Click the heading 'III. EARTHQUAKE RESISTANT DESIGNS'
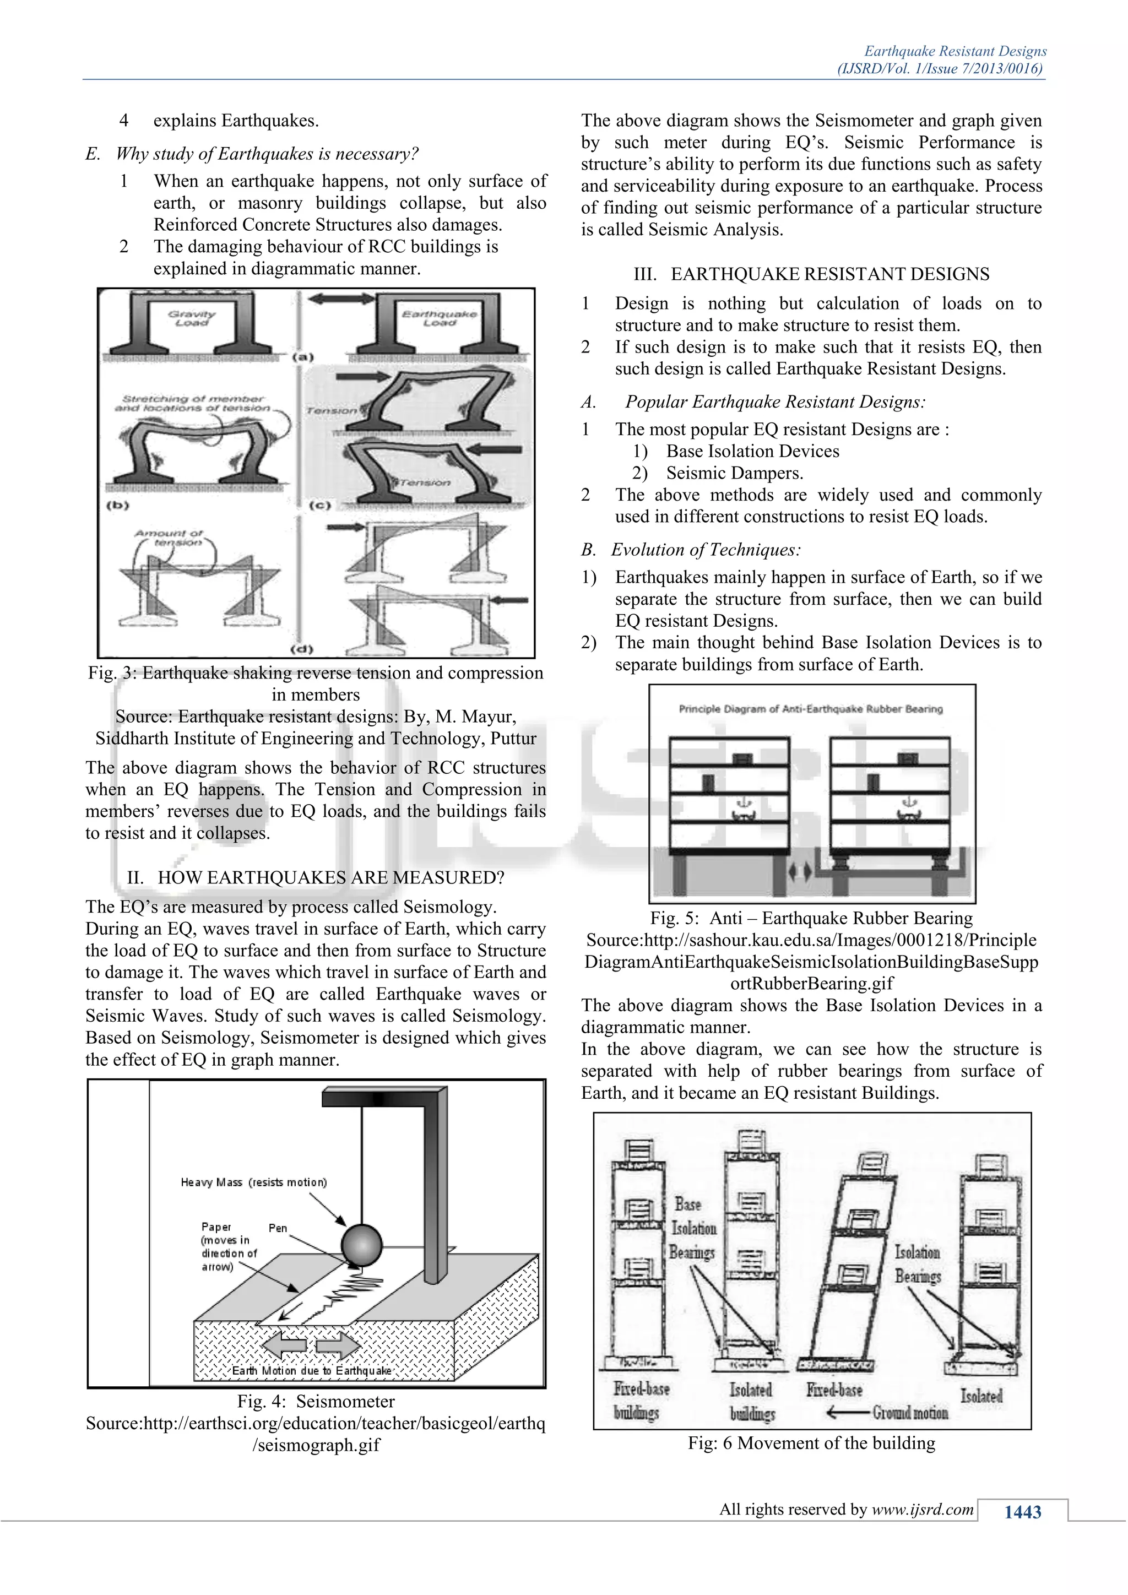tap(811, 274)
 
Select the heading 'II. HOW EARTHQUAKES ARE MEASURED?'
tap(316, 877)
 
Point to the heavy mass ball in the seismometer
tap(361, 1244)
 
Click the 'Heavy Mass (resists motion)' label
tap(253, 1182)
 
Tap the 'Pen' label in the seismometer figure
tap(278, 1228)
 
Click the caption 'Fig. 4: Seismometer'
tap(316, 1401)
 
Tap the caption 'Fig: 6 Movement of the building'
tap(811, 1443)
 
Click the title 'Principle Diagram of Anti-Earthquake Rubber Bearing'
tap(811, 709)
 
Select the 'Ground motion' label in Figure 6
tap(910, 1412)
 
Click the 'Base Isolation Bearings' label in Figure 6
tap(692, 1228)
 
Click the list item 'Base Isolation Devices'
tap(752, 451)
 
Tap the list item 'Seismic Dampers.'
tap(734, 473)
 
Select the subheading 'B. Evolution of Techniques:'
tap(691, 550)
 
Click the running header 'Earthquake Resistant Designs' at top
tap(955, 51)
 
